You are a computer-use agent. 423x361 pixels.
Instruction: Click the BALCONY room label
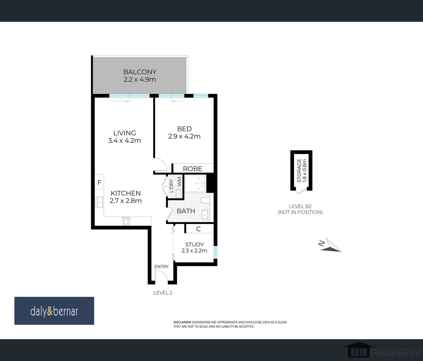click(140, 72)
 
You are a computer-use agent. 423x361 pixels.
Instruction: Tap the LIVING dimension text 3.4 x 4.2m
click(124, 141)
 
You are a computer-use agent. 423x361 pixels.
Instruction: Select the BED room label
click(184, 129)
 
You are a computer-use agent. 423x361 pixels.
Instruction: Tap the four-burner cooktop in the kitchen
click(126, 221)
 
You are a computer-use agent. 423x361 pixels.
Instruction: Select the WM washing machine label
click(180, 182)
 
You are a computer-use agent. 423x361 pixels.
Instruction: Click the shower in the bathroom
click(195, 184)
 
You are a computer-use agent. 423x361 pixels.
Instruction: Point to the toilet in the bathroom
click(205, 200)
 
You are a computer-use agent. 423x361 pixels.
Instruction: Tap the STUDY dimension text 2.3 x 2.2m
click(194, 251)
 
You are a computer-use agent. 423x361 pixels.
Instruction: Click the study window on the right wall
click(215, 252)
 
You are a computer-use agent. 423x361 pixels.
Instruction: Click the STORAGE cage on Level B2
click(301, 171)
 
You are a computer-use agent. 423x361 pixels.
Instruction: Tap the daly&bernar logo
click(54, 311)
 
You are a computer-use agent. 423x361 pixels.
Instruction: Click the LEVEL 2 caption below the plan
click(163, 293)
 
